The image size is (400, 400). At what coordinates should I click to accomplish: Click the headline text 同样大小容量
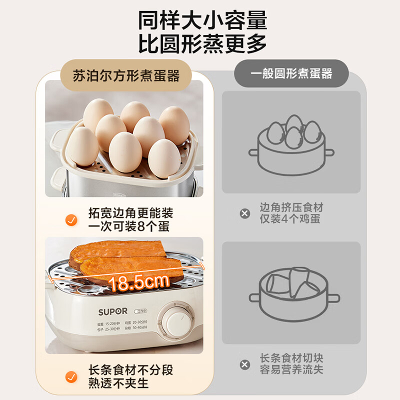pyautogui.click(x=202, y=20)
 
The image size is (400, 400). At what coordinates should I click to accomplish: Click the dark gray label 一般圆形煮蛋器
pyautogui.click(x=291, y=73)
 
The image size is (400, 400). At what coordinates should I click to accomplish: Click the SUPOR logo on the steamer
pyautogui.click(x=112, y=311)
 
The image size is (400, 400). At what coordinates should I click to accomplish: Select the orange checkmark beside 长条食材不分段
pyautogui.click(x=71, y=376)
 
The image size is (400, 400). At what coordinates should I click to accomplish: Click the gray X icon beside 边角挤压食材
pyautogui.click(x=244, y=213)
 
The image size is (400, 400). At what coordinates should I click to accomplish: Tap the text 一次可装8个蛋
pyautogui.click(x=129, y=226)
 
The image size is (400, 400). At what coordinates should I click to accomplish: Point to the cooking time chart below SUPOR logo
pyautogui.click(x=122, y=327)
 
